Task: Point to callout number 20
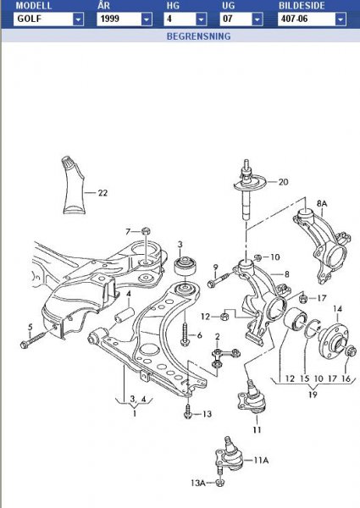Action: click(283, 181)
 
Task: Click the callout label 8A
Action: click(322, 203)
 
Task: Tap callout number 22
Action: click(102, 193)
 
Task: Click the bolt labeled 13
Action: click(187, 413)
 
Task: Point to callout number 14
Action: click(336, 308)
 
